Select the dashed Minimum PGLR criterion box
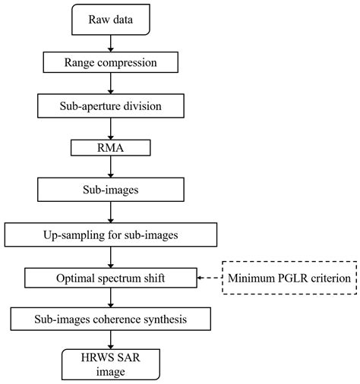[x=289, y=278]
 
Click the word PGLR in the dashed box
[x=293, y=278]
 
